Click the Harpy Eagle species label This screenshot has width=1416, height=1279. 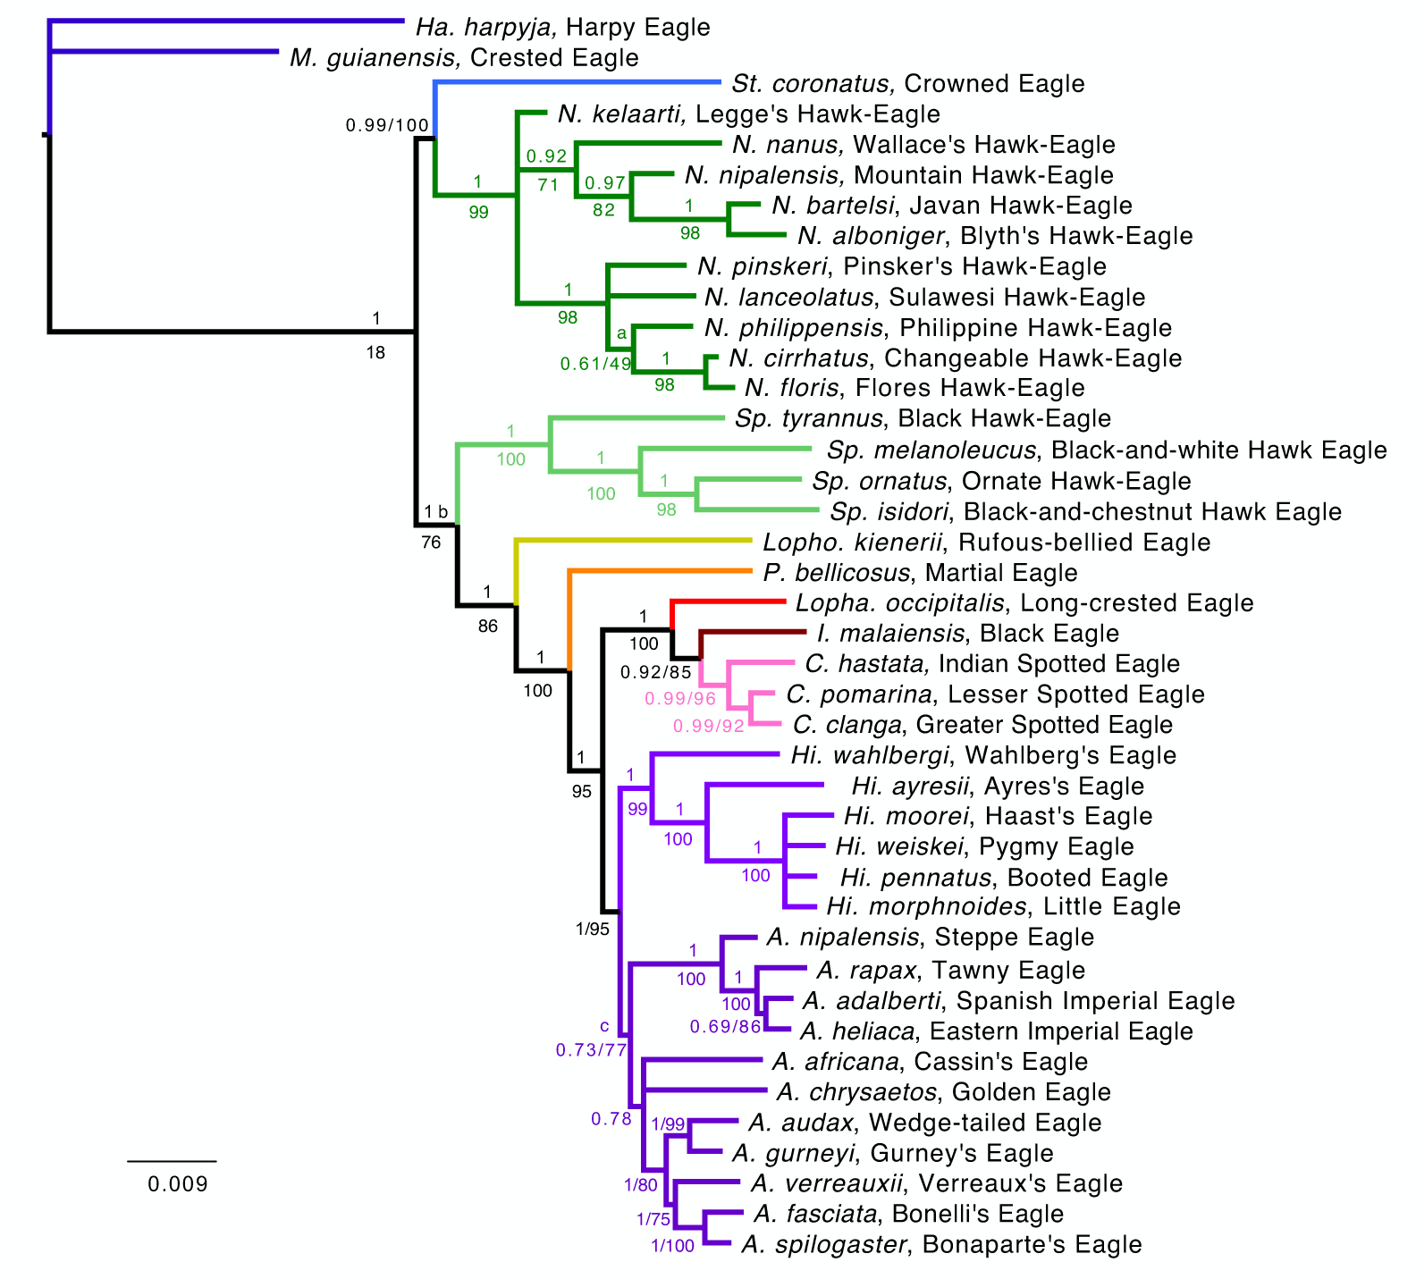point(562,28)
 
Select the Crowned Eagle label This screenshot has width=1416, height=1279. point(907,84)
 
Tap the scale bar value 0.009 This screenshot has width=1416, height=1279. point(178,1184)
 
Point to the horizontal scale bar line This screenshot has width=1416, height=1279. point(172,1161)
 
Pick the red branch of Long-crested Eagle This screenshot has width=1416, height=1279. point(729,602)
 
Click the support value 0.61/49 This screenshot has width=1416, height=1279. point(595,364)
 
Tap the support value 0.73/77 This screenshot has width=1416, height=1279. point(591,1050)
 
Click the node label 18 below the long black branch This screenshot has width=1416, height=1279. point(375,353)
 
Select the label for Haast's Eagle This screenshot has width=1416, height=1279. point(998,816)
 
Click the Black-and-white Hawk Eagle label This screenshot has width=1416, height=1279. point(1106,450)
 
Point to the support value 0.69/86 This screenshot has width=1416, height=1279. point(725,1027)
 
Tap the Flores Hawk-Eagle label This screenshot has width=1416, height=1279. point(914,388)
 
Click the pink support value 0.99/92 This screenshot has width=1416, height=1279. point(708,726)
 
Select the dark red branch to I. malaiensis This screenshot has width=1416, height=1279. point(755,632)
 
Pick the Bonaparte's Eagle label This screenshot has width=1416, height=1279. point(941,1244)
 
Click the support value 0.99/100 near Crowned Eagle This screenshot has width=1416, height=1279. point(387,125)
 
